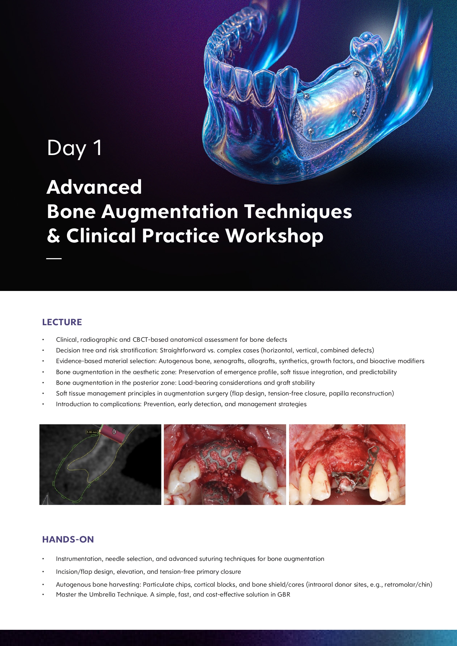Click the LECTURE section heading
62,322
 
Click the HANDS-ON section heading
68,540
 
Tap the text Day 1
74,148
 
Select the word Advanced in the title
94,187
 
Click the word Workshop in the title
274,236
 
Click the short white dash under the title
54,259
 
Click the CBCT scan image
100,464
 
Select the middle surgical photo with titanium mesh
225,464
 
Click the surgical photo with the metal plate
347,464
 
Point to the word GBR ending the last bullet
284,594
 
